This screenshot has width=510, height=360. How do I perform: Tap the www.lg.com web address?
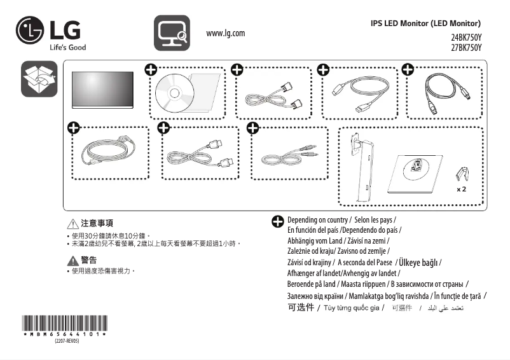(x=226, y=33)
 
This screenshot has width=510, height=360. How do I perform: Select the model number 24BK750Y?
(x=466, y=38)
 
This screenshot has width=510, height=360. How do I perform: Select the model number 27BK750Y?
(x=466, y=48)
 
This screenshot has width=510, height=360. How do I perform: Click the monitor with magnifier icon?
(x=172, y=32)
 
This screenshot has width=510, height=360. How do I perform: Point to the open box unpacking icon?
(x=39, y=80)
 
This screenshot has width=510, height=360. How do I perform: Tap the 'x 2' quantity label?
(x=462, y=190)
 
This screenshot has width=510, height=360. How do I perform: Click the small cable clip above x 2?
(x=462, y=174)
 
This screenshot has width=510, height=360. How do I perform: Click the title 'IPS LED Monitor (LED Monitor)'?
(x=430, y=23)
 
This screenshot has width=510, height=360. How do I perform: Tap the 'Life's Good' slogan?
(x=67, y=47)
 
